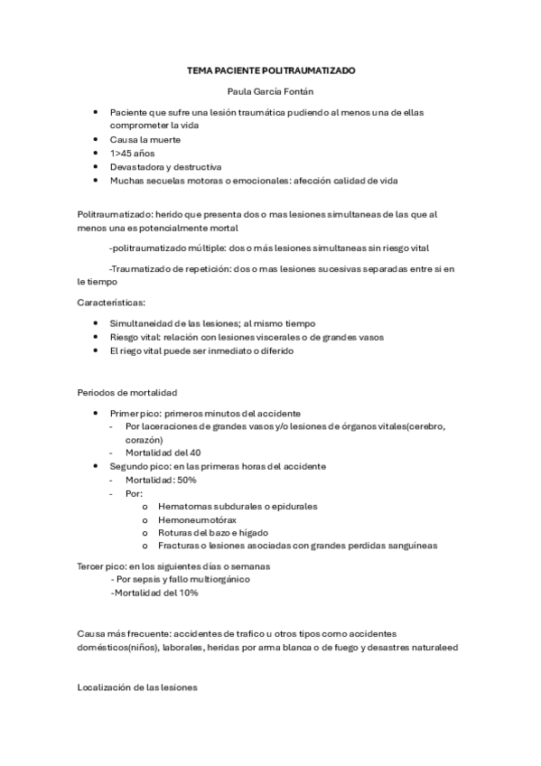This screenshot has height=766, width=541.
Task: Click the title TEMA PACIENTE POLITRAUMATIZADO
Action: pos(271,69)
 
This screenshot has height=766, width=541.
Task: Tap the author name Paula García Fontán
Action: pos(270,90)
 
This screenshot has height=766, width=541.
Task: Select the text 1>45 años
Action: pos(133,154)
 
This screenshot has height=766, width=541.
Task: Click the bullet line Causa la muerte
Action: pos(145,140)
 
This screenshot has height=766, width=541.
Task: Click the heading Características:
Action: pos(111,303)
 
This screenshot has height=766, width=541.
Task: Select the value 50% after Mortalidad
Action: pos(185,480)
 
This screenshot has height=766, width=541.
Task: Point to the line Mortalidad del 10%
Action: pos(154,593)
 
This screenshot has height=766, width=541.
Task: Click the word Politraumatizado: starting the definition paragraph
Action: pos(114,214)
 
